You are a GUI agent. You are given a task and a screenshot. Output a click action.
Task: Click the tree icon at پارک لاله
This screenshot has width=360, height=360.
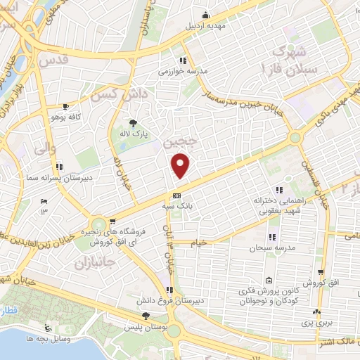(132, 123)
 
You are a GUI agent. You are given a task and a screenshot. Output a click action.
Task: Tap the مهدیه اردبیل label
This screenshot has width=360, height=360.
(205, 26)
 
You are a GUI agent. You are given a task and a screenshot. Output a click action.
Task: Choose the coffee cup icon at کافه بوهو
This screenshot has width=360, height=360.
(65, 106)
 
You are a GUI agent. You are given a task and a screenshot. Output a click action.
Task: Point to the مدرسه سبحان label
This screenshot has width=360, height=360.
(266, 248)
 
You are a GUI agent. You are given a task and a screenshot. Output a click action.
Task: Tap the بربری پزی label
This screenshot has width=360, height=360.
(318, 323)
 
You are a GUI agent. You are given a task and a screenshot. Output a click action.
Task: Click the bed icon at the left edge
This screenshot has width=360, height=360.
(43, 201)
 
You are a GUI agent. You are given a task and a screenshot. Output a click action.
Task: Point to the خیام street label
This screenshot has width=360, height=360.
(201, 243)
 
